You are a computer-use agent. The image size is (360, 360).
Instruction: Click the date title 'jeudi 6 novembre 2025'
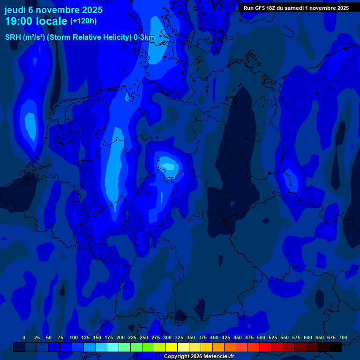tap(53, 10)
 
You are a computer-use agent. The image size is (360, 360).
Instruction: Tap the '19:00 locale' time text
tap(36, 21)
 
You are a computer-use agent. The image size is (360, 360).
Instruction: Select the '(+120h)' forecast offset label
tap(83, 21)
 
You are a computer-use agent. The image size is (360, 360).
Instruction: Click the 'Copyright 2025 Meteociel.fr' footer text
tap(199, 356)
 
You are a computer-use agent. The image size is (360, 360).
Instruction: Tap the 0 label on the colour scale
tap(24, 337)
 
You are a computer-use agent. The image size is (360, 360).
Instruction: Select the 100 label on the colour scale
tap(74, 337)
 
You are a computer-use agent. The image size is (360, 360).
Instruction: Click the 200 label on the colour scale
tap(120, 337)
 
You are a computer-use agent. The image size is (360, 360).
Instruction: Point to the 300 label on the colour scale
tap(167, 337)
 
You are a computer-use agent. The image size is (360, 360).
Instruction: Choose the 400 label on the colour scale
tap(214, 337)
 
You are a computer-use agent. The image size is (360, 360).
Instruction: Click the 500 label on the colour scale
tap(261, 337)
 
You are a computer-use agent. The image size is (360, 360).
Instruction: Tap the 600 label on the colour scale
tap(308, 337)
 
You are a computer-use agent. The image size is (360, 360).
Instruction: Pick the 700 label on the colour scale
tap(343, 337)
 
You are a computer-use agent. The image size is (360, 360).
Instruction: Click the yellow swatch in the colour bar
tap(172, 347)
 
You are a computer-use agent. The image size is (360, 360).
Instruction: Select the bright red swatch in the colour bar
tap(265, 347)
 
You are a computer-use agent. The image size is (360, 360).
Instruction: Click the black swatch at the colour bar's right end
tap(336, 347)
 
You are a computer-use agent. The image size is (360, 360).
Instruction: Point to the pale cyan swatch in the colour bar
tap(113, 347)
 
